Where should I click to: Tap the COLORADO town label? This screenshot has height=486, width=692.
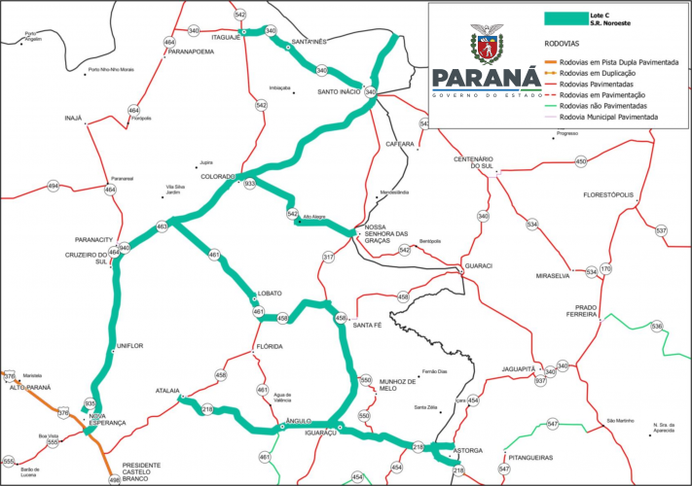pyautogui.click(x=218, y=177)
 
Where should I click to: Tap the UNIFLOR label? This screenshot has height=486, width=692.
pyautogui.click(x=129, y=346)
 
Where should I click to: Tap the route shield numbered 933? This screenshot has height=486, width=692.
pyautogui.click(x=250, y=183)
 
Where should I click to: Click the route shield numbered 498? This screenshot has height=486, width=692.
pyautogui.click(x=114, y=479)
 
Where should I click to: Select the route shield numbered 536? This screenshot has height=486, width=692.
pyautogui.click(x=656, y=326)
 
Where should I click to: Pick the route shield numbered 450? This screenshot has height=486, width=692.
pyautogui.click(x=581, y=161)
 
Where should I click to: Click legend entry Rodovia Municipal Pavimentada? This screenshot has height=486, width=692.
pyautogui.click(x=630, y=116)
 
